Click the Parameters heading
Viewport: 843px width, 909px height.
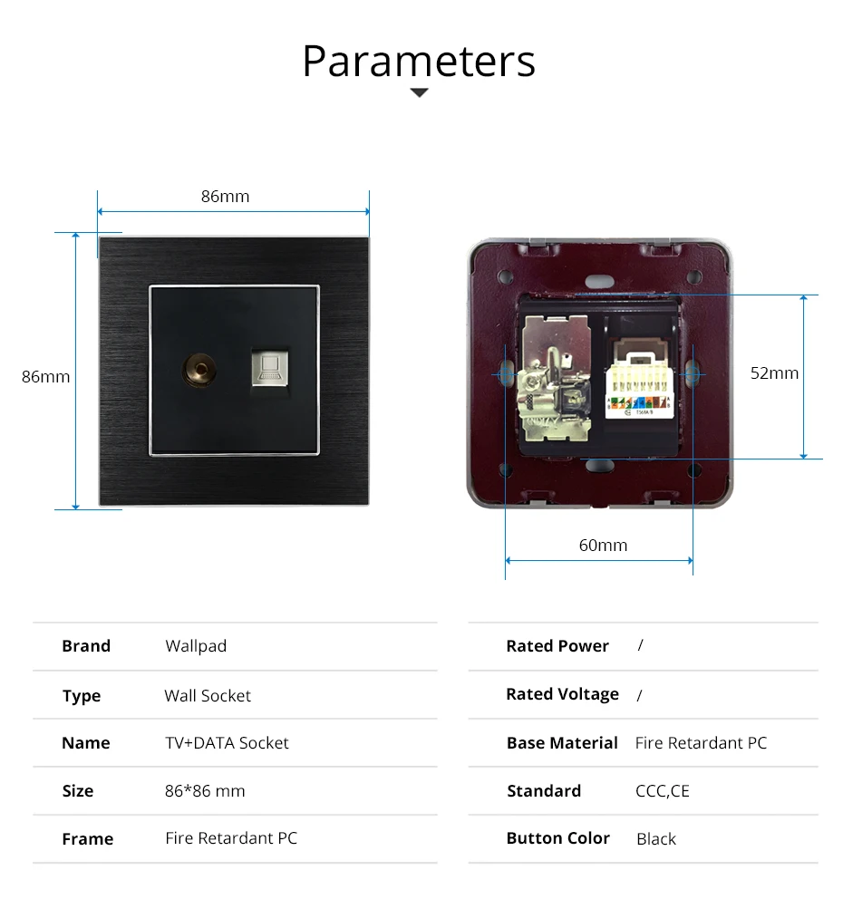pos(419,61)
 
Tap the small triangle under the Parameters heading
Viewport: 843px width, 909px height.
pos(419,92)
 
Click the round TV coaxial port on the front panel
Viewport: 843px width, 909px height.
pos(193,369)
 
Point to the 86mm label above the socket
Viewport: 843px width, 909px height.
pos(225,196)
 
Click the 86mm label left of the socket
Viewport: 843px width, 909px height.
pos(45,376)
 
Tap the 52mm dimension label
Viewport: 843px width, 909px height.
pos(774,372)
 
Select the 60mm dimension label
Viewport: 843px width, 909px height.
pos(603,545)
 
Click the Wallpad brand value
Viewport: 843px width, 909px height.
pos(196,646)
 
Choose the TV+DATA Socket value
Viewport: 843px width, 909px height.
pos(227,743)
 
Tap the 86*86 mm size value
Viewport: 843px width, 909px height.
pos(205,791)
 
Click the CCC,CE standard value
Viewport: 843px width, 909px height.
pos(663,791)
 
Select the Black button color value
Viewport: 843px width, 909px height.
pos(656,839)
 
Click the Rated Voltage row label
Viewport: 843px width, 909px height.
pos(562,694)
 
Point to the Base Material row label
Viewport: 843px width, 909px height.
pos(562,743)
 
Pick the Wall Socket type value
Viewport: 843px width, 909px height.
pos(208,696)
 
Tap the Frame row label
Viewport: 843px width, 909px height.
pos(88,839)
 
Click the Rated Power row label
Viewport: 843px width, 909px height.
pos(557,646)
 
